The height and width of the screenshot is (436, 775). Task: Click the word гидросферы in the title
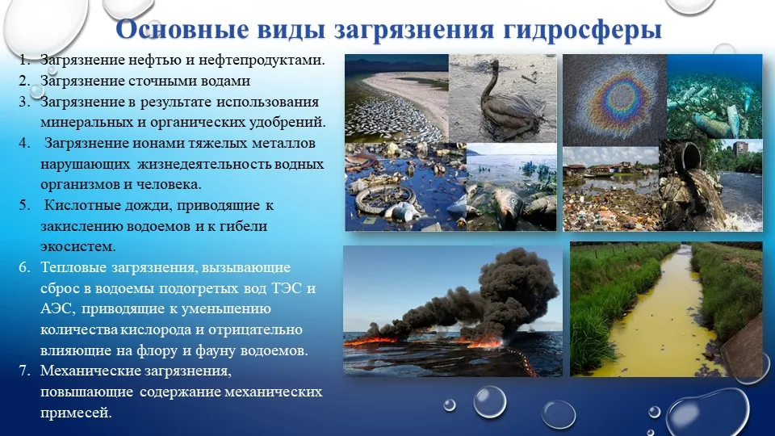(x=583, y=29)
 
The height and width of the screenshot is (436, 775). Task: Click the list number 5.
(x=24, y=205)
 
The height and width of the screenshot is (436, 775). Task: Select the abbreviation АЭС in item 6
(x=57, y=309)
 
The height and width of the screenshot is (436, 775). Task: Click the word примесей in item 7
(x=76, y=413)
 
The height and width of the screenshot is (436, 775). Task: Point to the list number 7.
(x=24, y=371)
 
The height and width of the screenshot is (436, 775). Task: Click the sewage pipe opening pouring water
(x=693, y=156)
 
